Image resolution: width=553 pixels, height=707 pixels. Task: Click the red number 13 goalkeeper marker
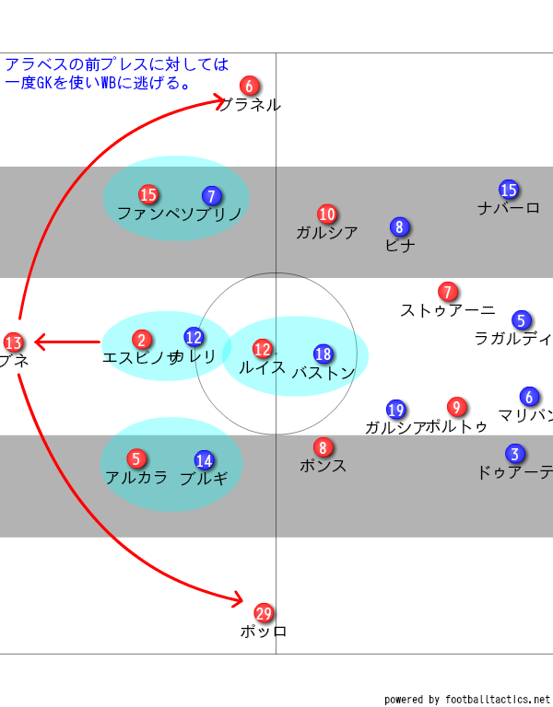pyautogui.click(x=13, y=343)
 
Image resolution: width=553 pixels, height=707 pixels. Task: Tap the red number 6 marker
pyautogui.click(x=249, y=86)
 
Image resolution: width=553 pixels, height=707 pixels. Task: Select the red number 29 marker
pyautogui.click(x=264, y=613)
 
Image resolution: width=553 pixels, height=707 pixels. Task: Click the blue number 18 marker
pyautogui.click(x=323, y=354)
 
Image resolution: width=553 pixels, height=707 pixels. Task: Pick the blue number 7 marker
pyautogui.click(x=211, y=196)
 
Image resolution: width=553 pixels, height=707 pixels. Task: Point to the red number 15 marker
pyautogui.click(x=148, y=194)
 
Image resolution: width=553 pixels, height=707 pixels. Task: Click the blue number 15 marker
pyautogui.click(x=509, y=190)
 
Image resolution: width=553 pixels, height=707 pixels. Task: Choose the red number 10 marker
pyautogui.click(x=327, y=214)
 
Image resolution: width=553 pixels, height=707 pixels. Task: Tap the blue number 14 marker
pyautogui.click(x=205, y=460)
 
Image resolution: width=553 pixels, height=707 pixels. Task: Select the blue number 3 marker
pyautogui.click(x=515, y=454)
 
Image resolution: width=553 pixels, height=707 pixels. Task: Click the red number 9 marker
pyautogui.click(x=456, y=407)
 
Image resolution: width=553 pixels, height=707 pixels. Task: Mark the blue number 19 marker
pyautogui.click(x=396, y=410)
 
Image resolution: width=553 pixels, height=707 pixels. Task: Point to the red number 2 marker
pyautogui.click(x=141, y=340)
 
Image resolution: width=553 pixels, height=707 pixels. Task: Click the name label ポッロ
pyautogui.click(x=264, y=632)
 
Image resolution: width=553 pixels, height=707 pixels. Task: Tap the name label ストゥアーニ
pyautogui.click(x=448, y=311)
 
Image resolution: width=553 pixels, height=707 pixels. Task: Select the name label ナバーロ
pyautogui.click(x=509, y=208)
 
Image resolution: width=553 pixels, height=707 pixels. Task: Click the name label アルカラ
pyautogui.click(x=136, y=478)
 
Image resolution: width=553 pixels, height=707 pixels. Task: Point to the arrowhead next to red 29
pyautogui.click(x=237, y=599)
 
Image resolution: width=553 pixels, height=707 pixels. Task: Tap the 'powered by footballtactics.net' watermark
pyautogui.click(x=467, y=699)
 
